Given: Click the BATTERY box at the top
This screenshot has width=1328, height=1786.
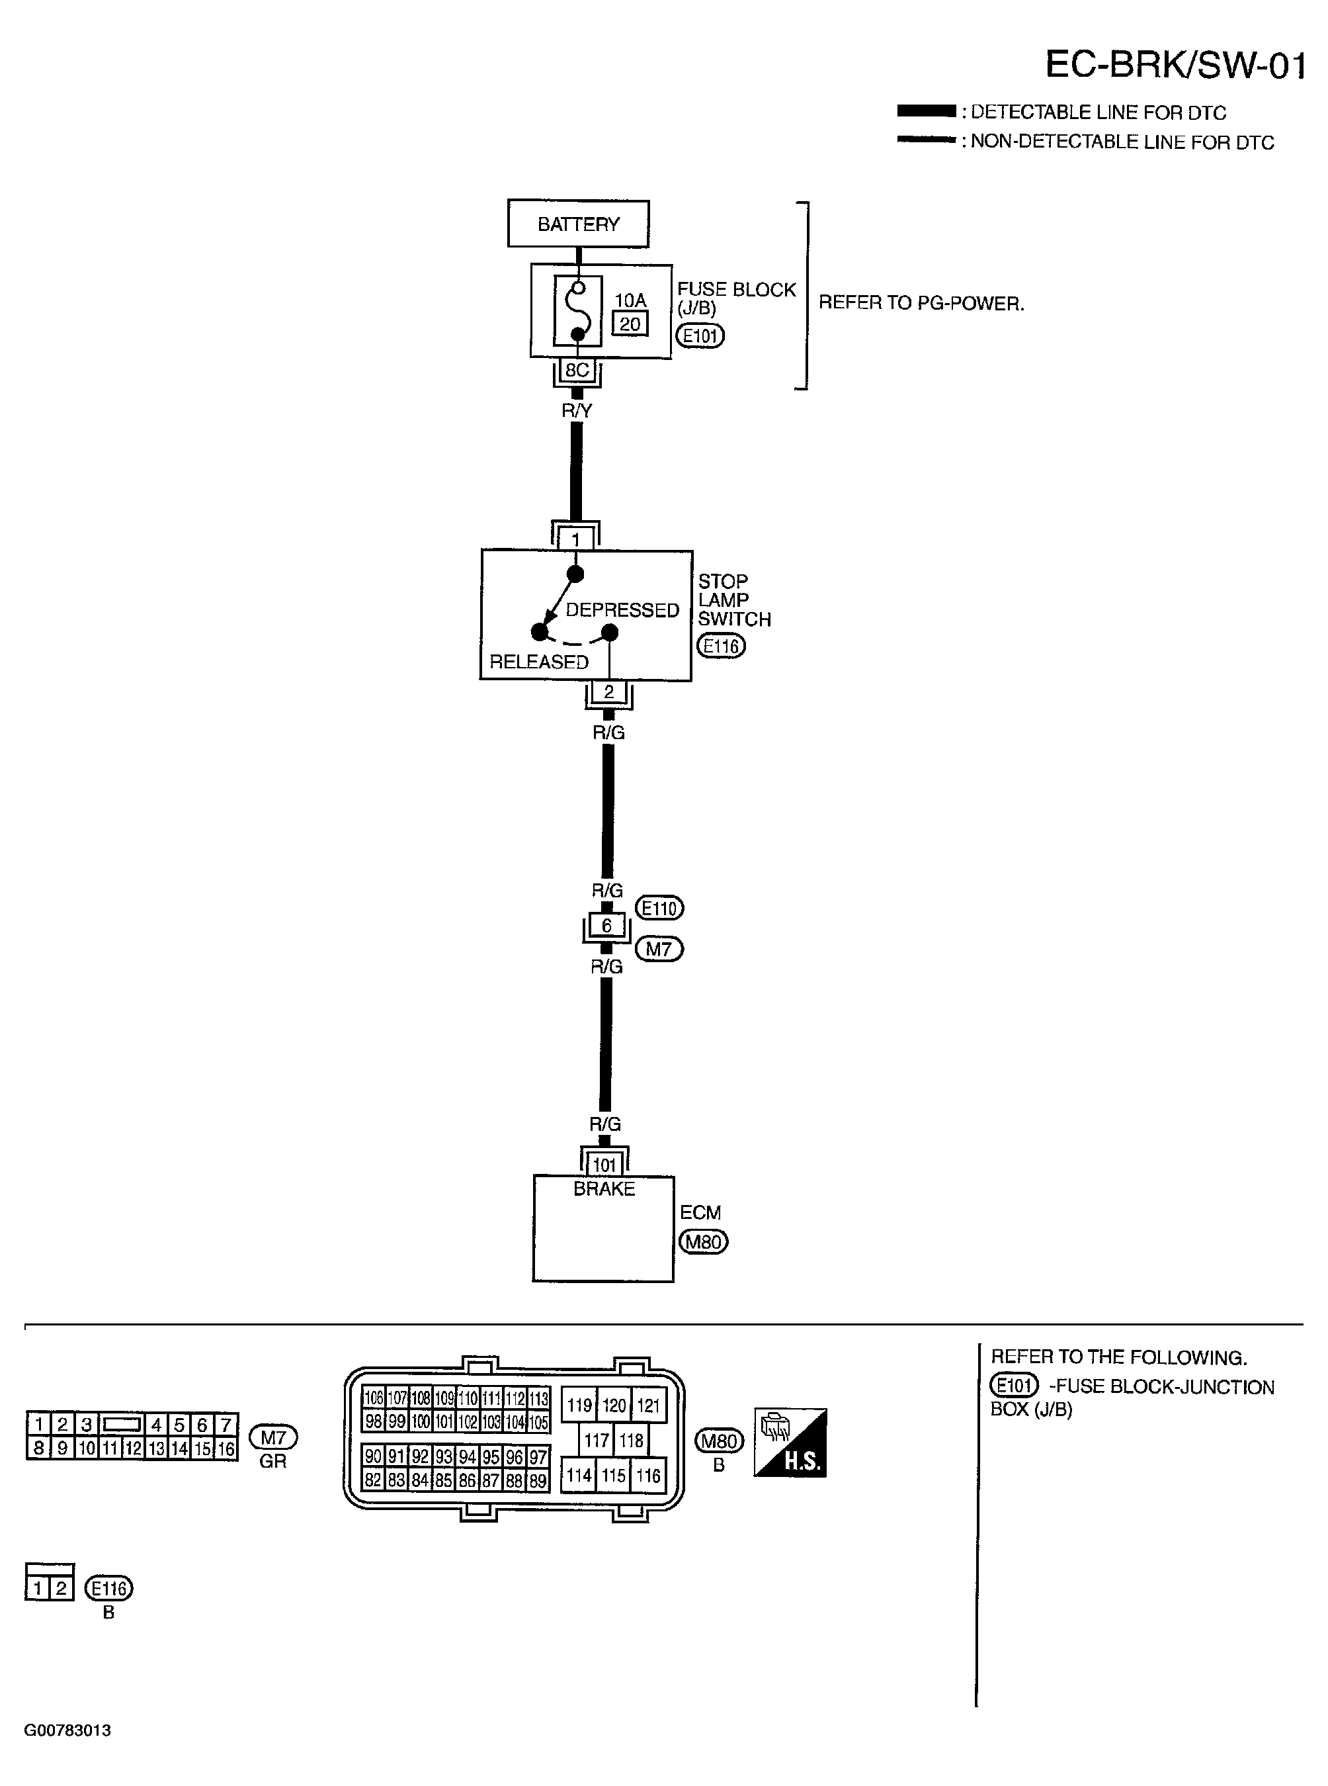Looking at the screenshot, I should pos(578,224).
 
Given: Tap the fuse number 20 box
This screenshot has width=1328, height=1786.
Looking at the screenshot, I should pos(630,324).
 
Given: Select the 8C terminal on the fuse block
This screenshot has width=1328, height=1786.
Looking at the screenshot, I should pos(577,370).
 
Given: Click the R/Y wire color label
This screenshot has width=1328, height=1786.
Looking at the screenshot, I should pos(577,411).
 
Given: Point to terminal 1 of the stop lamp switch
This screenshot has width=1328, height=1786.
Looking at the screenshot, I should pos(575,539).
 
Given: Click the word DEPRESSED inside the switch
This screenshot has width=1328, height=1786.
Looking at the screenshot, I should pos(622,610).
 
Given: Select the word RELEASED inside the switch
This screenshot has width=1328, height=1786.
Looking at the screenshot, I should pos(538,662).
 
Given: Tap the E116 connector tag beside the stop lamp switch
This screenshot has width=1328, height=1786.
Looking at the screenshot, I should pos(721,646).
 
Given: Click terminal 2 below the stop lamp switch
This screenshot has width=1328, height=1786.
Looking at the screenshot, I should pos(608,692).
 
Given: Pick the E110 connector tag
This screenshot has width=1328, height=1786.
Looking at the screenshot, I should pos(659,908).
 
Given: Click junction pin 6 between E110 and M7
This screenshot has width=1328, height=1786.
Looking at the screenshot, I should pos(606,926).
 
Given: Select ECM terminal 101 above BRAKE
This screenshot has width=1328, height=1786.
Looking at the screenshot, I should pos(604,1165).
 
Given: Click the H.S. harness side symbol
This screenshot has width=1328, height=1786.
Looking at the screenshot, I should pos(790,1443).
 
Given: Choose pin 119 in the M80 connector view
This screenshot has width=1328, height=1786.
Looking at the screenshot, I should pos(579,1406).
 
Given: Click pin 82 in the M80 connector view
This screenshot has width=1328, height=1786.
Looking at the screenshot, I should pos(373,1480).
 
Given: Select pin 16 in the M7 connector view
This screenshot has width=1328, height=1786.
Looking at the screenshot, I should pos(226,1449).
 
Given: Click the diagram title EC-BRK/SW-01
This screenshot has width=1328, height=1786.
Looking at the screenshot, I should pos(1175,64).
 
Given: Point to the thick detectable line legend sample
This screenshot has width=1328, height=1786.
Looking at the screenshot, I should pos(926,111).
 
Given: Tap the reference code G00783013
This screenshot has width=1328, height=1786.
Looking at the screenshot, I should pos(67,1730).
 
